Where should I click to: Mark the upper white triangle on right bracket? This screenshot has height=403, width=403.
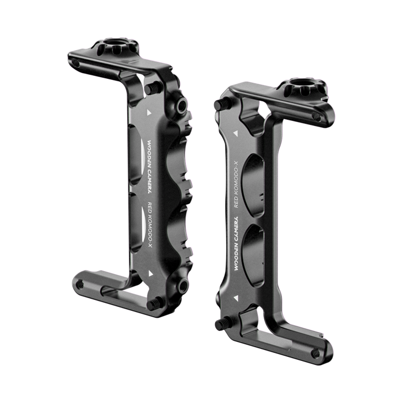(x=235, y=134)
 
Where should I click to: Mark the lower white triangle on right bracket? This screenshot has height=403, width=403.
(x=235, y=298)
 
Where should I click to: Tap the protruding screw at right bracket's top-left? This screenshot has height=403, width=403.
(x=219, y=105)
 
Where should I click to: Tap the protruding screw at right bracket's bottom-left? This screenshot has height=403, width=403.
(x=219, y=325)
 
